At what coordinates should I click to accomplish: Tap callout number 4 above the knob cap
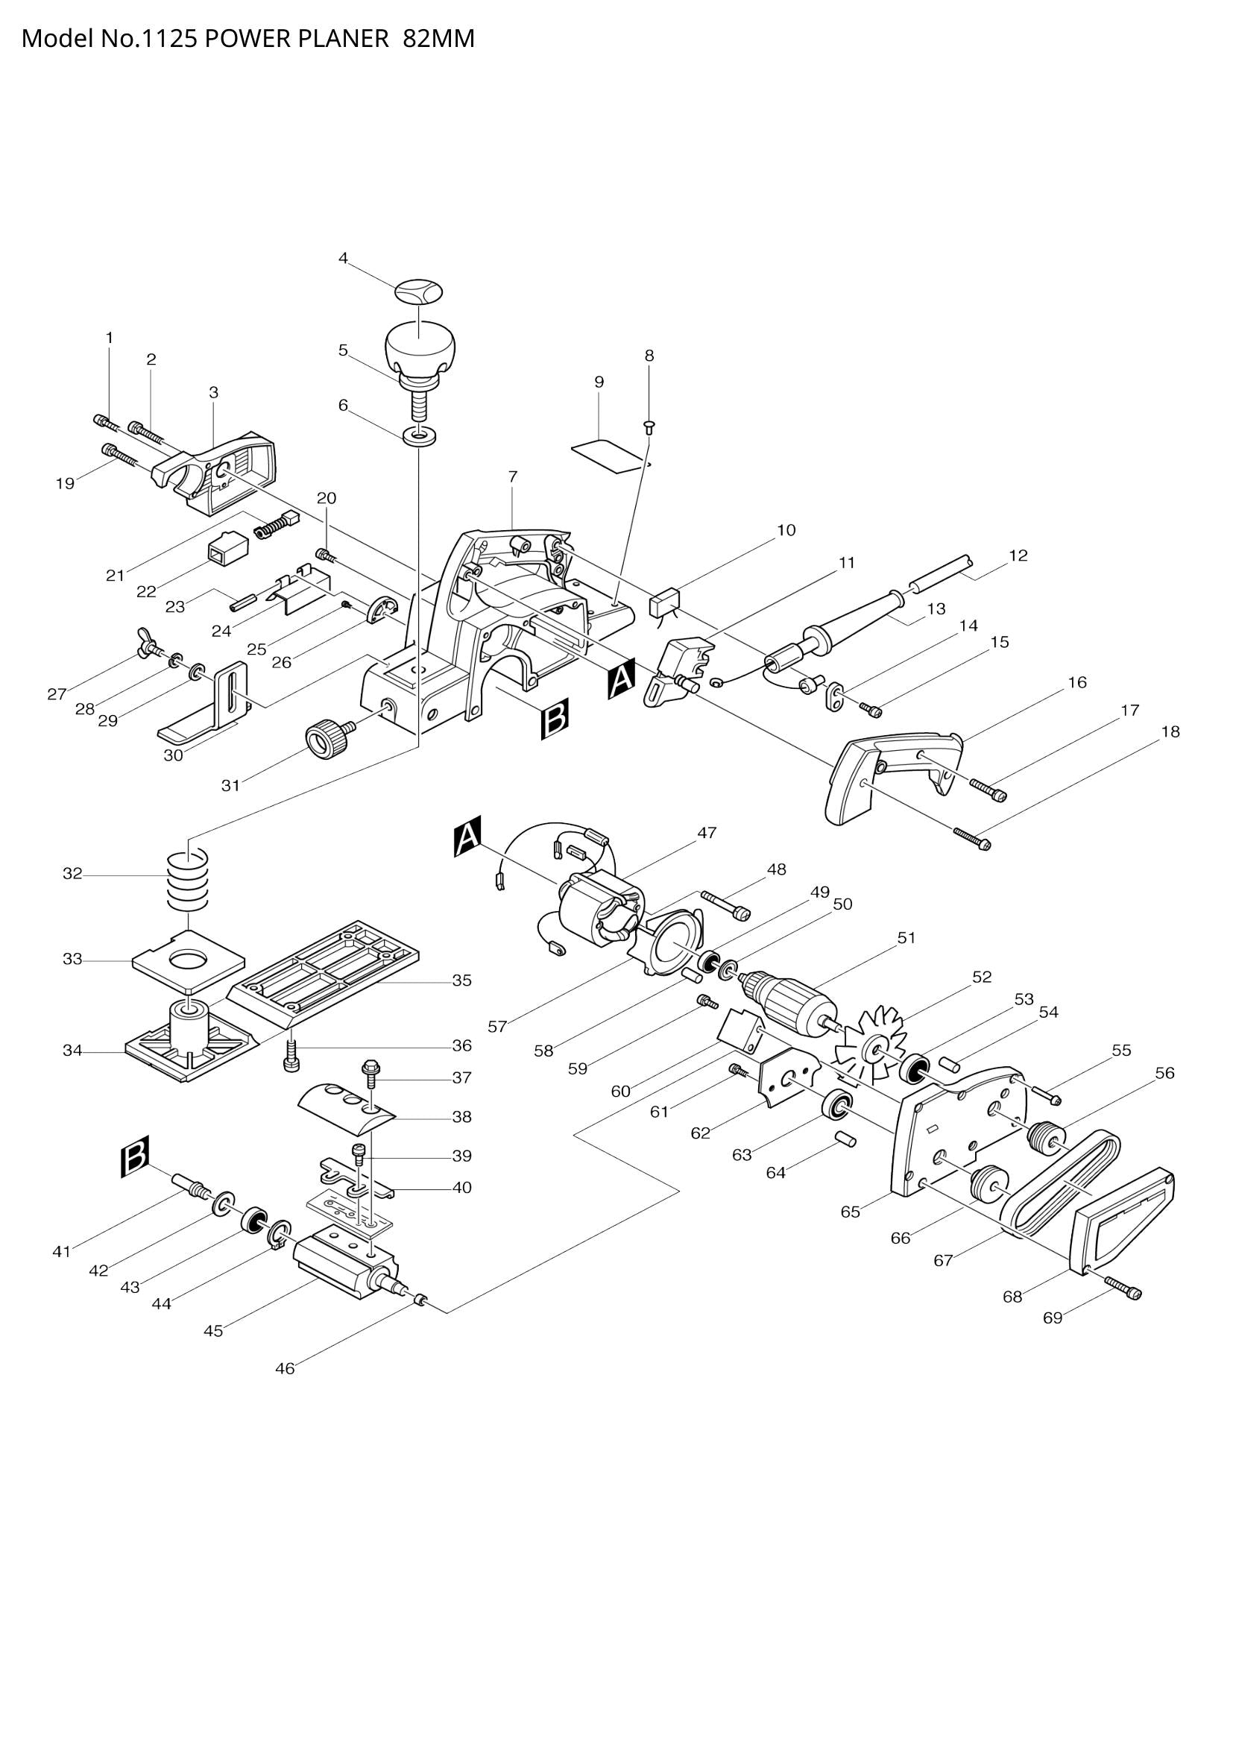[x=343, y=258]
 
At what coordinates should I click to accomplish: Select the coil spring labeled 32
[x=188, y=881]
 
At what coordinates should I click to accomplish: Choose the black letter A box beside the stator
[x=467, y=837]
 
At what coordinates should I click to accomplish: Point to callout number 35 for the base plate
[x=462, y=980]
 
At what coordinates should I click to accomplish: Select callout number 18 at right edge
[x=1170, y=732]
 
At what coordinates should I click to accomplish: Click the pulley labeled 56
[x=1045, y=1137]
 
